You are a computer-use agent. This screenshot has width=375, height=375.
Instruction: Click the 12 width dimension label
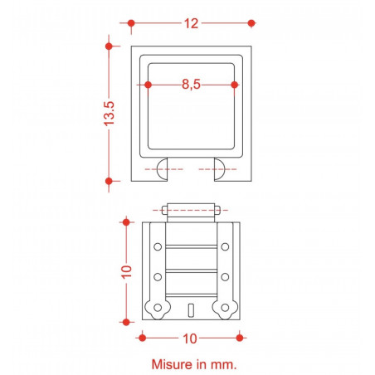192,24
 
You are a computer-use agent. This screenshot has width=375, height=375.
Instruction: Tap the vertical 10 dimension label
127,272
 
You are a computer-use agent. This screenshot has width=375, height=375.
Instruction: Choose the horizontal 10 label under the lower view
190,338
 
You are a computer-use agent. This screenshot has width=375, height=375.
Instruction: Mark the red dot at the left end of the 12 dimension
130,23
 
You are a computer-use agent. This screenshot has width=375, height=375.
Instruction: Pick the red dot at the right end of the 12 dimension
252,23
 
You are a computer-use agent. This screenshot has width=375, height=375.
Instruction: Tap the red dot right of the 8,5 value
235,85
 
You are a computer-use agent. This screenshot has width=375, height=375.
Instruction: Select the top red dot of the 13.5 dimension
109,45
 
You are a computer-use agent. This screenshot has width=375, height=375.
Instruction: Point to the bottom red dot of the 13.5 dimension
109,180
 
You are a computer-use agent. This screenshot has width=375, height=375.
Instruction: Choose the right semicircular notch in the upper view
221,168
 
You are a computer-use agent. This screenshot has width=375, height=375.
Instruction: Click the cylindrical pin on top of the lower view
192,210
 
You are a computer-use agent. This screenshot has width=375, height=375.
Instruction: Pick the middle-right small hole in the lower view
225,276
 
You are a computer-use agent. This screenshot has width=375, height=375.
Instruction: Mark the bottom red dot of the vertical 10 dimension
126,321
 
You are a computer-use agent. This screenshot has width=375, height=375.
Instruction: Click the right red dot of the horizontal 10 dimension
240,337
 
